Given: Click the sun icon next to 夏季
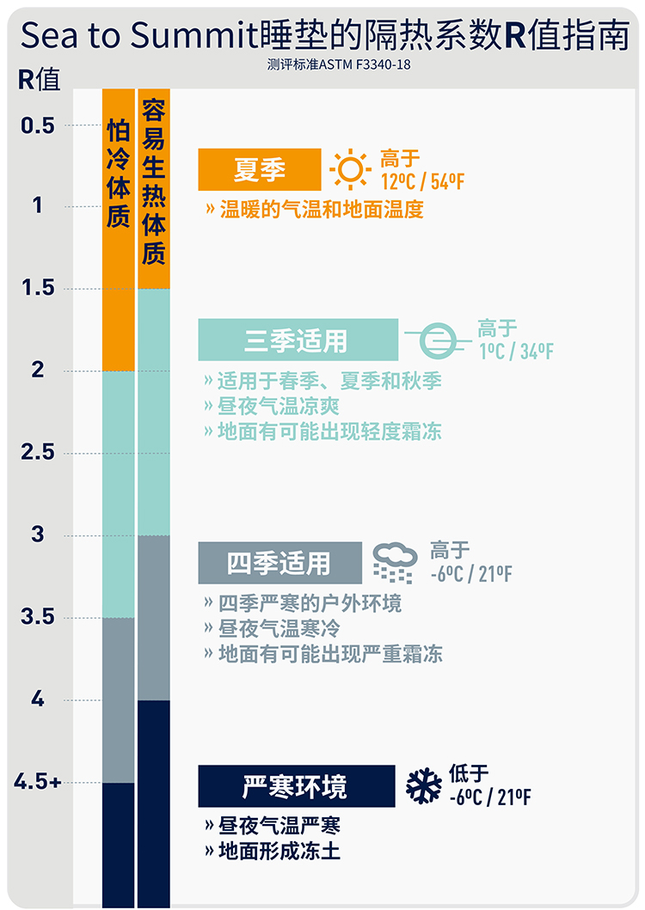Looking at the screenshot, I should click(x=350, y=168).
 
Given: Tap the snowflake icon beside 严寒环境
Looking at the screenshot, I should click(x=424, y=785).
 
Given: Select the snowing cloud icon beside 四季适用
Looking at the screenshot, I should click(x=395, y=562).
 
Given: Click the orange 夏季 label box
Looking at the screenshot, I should click(x=260, y=169).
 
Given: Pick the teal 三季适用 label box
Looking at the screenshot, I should click(x=298, y=339).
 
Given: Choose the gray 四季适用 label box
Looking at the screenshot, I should click(x=279, y=563).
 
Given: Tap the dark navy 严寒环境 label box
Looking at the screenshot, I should click(x=296, y=785).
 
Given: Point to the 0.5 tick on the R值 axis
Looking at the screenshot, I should click(x=38, y=125).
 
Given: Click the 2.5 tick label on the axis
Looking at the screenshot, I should click(x=38, y=452).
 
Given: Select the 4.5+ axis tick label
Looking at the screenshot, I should click(x=38, y=782).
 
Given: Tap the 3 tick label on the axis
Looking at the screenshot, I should click(x=38, y=534).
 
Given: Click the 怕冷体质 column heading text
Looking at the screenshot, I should click(x=119, y=173).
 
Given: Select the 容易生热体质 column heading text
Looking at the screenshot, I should click(x=154, y=181).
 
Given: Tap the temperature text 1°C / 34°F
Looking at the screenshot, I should click(x=516, y=351).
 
